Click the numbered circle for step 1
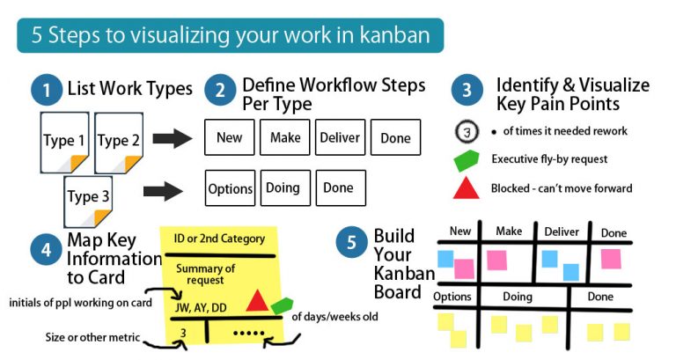(43, 89)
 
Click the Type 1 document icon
(64, 141)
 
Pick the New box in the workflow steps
(230, 137)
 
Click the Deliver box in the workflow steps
(340, 137)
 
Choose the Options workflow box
(231, 188)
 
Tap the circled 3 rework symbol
(466, 131)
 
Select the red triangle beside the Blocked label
(466, 187)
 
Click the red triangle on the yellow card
(256, 301)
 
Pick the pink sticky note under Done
(611, 258)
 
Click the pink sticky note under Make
(496, 259)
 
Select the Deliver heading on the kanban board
(562, 231)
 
